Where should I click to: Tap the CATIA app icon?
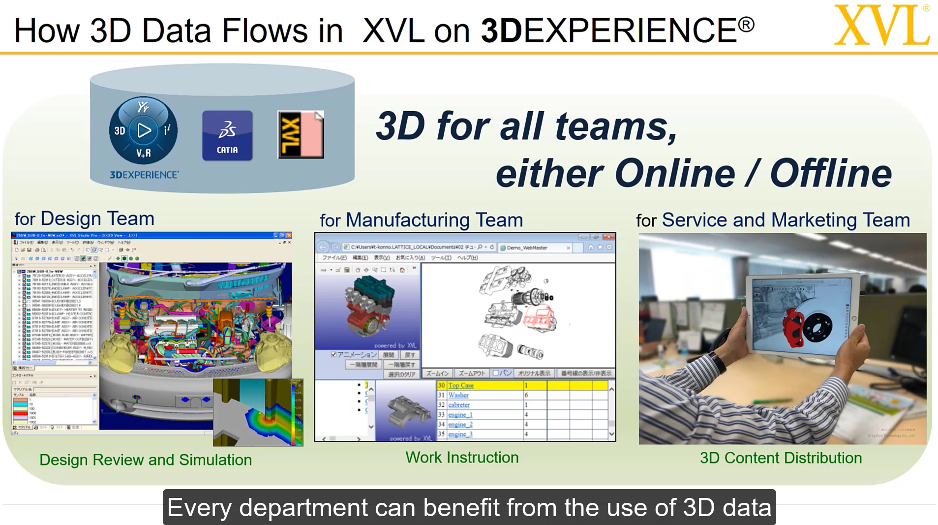tap(227, 135)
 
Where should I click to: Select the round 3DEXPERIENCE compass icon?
tap(143, 130)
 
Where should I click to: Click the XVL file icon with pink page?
tap(301, 135)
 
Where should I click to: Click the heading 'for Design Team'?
tap(84, 218)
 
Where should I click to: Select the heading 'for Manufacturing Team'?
tap(421, 220)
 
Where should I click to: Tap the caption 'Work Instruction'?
tap(462, 458)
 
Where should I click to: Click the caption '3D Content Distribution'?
tap(781, 458)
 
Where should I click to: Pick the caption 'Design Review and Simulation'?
tap(146, 460)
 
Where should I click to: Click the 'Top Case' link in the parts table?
tap(460, 385)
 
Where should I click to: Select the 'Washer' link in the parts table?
tap(458, 395)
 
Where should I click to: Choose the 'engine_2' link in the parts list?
tap(460, 424)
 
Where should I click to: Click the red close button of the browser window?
tap(608, 237)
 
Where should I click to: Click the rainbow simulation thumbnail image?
tap(258, 412)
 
